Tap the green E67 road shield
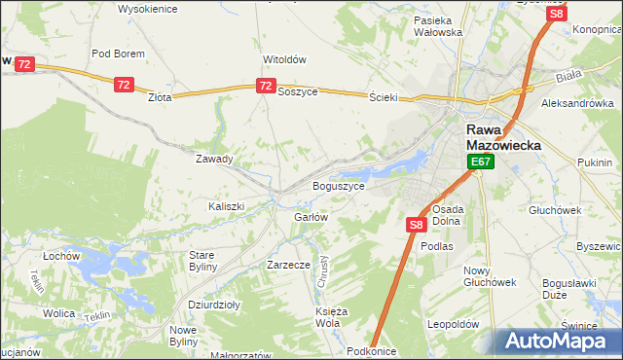pyautogui.click(x=479, y=162)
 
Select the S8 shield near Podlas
pyautogui.click(x=416, y=225)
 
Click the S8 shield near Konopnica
pyautogui.click(x=556, y=14)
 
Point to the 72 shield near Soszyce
pyautogui.click(x=266, y=87)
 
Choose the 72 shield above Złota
pyautogui.click(x=123, y=86)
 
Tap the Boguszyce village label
pyautogui.click(x=338, y=185)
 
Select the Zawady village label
pyautogui.click(x=214, y=159)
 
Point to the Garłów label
pyautogui.click(x=311, y=217)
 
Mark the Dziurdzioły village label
pyautogui.click(x=214, y=304)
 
